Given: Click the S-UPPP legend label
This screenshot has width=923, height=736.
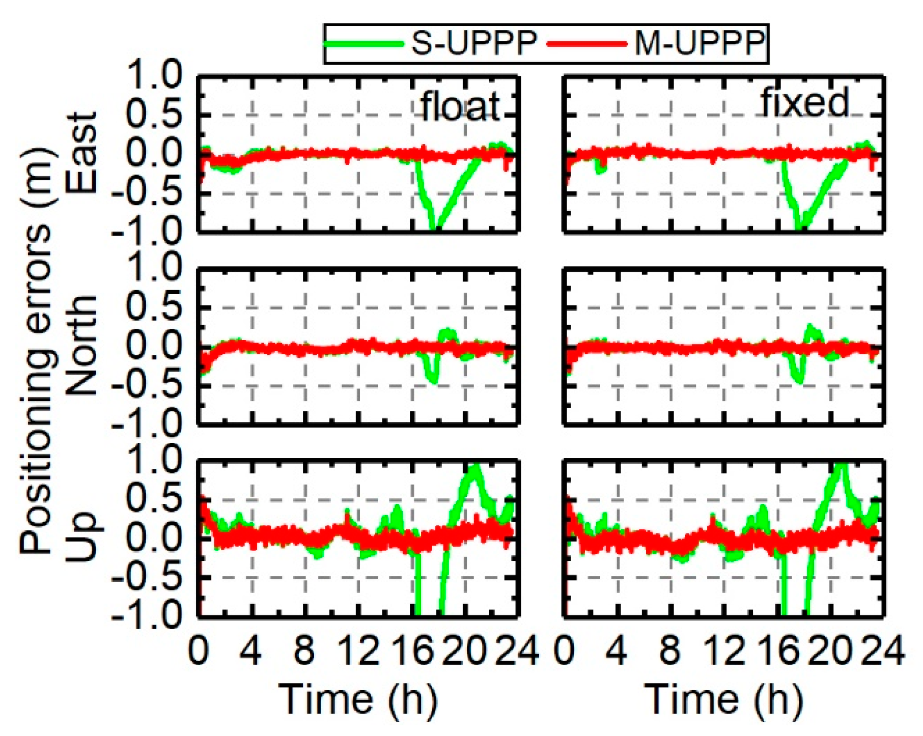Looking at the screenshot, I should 474,43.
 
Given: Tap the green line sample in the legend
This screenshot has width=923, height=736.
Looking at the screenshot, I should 364,43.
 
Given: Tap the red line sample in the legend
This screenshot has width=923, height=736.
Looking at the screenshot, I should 586,43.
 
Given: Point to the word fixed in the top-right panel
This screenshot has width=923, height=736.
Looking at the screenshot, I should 805,103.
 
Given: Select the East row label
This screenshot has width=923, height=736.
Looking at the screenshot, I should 81,153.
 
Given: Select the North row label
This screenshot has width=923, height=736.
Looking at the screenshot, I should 81,346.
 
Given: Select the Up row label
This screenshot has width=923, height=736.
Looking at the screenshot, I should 81,537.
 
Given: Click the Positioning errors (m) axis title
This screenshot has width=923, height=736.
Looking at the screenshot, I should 36,351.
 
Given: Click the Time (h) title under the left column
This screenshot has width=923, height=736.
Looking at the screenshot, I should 358,699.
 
